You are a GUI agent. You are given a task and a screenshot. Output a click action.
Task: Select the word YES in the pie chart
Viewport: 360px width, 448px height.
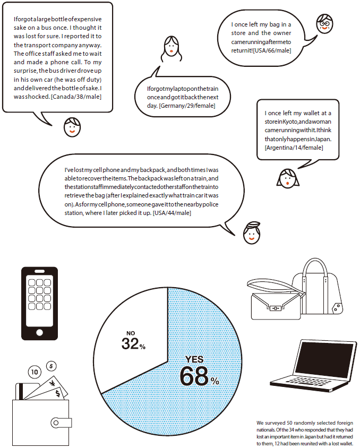pos(194,360)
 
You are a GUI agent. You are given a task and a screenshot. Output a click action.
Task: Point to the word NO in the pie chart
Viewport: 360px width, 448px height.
pos(130,333)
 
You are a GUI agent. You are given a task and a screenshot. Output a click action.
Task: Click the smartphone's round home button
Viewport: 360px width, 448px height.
pos(39,332)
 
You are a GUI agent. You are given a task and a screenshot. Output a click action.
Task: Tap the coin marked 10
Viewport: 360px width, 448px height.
pos(34,373)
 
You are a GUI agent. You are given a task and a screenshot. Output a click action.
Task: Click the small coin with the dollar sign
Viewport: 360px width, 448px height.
pos(51,365)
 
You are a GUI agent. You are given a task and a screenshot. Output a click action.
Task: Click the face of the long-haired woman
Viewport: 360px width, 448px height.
pos(170,48)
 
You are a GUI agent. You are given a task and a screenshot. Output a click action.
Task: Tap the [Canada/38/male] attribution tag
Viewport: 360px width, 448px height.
pos(76,96)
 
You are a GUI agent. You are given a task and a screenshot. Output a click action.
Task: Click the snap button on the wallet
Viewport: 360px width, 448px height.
pos(55,423)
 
